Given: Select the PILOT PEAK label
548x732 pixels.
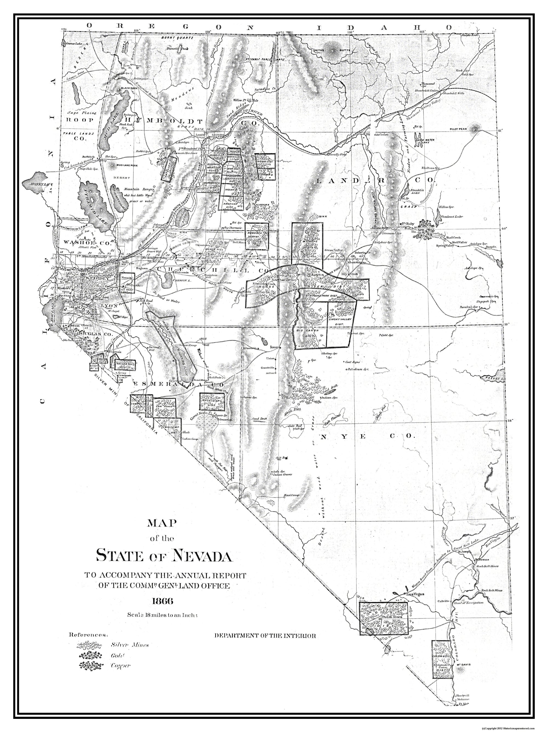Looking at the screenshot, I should point(458,129).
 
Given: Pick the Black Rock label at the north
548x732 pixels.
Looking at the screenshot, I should point(129,88).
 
